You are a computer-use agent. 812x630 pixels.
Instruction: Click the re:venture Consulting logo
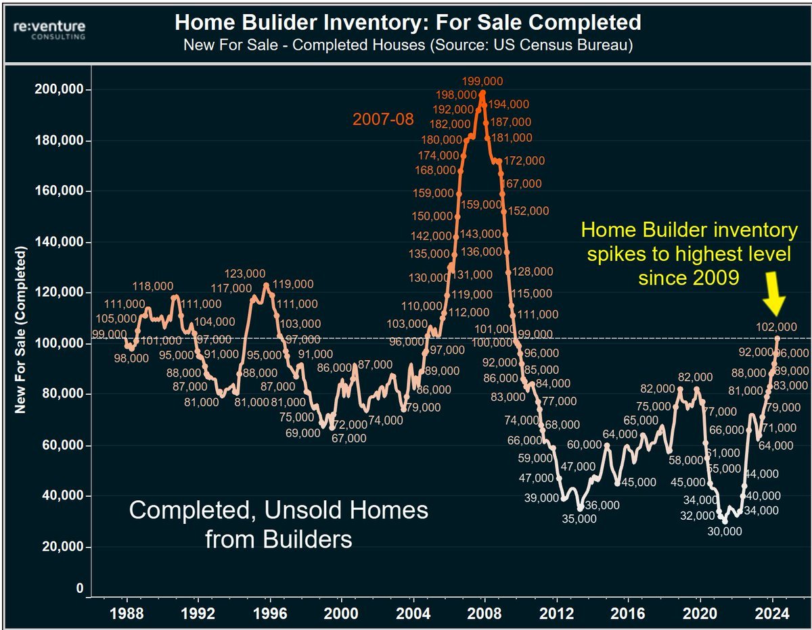47,28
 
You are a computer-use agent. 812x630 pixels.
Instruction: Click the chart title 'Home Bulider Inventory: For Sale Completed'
407,22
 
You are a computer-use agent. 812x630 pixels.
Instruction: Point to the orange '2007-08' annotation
382,120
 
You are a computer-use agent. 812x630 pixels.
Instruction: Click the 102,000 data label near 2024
777,327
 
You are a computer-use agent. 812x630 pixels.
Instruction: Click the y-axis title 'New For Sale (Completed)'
21,331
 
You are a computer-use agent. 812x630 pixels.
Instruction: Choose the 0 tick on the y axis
79,589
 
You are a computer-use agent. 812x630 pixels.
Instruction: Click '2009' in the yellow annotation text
715,277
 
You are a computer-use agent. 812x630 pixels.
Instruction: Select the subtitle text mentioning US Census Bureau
407,45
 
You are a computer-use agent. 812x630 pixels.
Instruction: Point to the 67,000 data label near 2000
348,438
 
